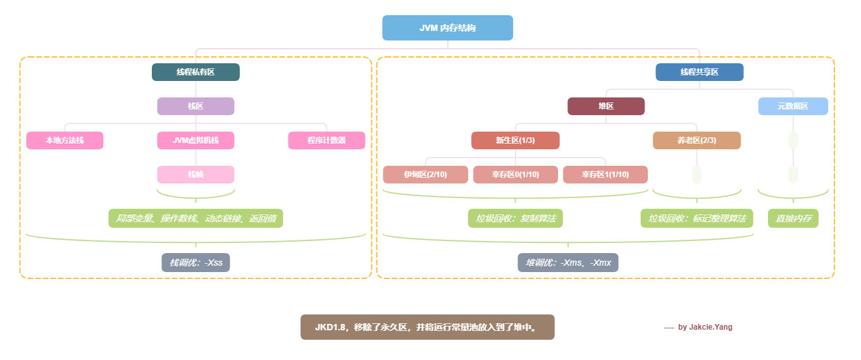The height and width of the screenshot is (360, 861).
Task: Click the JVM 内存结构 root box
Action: [447, 28]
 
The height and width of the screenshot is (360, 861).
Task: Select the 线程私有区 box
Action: [195, 72]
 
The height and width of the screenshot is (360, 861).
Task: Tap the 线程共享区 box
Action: [699, 72]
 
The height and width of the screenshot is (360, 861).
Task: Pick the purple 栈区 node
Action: [195, 106]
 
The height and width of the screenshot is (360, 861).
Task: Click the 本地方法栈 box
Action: [65, 140]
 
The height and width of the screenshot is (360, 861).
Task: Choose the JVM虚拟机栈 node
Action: [195, 140]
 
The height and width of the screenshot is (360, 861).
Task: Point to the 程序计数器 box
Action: [326, 140]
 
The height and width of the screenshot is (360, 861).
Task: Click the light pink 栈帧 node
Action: [195, 175]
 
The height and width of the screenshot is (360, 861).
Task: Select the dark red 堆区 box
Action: [606, 106]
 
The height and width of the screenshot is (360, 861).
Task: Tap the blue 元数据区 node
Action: [793, 106]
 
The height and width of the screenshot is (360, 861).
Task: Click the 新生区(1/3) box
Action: [515, 140]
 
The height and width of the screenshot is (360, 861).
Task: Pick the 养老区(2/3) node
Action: [697, 140]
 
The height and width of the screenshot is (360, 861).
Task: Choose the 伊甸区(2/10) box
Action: [425, 175]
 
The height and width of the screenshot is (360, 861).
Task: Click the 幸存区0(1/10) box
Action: [516, 175]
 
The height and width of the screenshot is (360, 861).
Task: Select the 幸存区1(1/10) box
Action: [605, 175]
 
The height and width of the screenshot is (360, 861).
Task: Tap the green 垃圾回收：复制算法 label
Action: [516, 218]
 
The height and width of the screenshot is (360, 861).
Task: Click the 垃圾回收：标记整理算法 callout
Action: [697, 218]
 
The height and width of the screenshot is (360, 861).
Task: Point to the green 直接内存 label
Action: [793, 218]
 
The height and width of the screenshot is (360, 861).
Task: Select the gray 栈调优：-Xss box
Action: [195, 262]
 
